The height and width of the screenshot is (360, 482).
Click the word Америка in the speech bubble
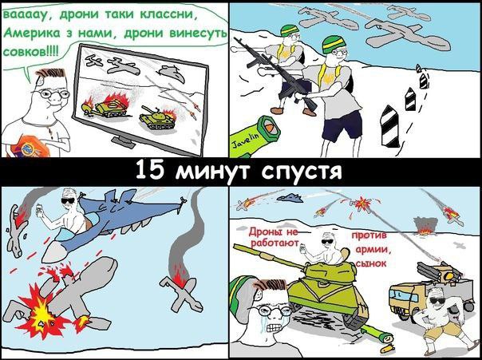click(32, 33)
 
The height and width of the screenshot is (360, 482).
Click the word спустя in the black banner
click(302, 172)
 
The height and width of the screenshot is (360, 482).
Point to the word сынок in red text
click(372, 263)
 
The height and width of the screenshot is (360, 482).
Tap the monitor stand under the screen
click(123, 141)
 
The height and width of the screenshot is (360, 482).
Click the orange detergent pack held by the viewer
click(31, 147)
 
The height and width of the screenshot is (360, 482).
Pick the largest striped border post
click(390, 126)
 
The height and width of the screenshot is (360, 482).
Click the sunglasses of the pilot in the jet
click(68, 201)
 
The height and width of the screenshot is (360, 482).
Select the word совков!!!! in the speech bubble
click(30, 50)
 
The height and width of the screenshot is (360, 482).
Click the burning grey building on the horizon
click(425, 226)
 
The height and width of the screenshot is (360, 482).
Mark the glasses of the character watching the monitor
click(52, 93)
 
